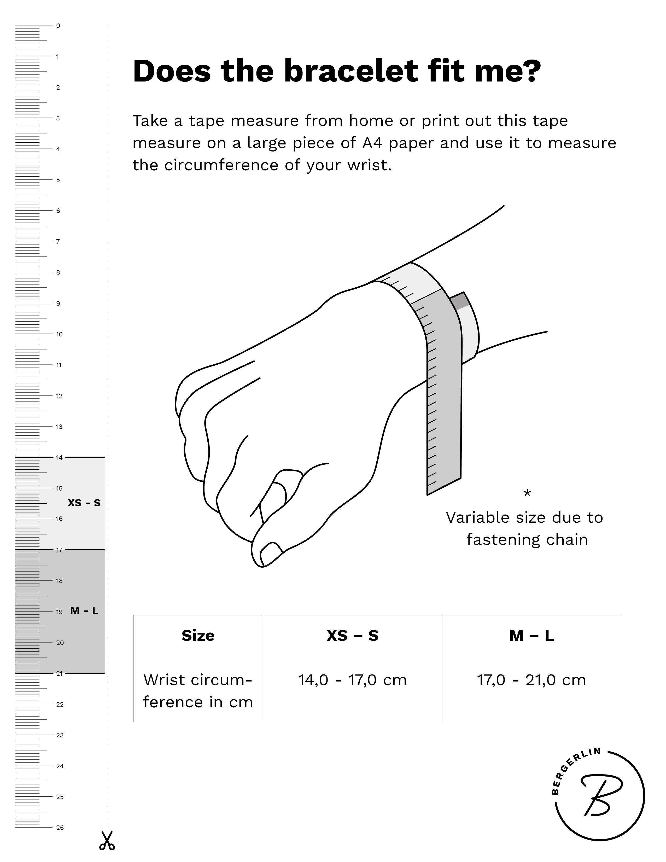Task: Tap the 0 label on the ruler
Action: [58, 26]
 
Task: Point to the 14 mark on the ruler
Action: [59, 457]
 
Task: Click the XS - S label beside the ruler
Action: [84, 503]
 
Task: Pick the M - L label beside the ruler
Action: [84, 611]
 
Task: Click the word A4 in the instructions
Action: [372, 143]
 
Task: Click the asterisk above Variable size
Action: [527, 493]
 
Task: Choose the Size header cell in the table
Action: [198, 636]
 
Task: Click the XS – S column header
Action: [352, 636]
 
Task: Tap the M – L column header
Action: [531, 636]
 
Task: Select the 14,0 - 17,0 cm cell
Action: [352, 680]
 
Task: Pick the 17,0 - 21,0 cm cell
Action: [531, 680]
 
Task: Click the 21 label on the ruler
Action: [59, 673]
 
